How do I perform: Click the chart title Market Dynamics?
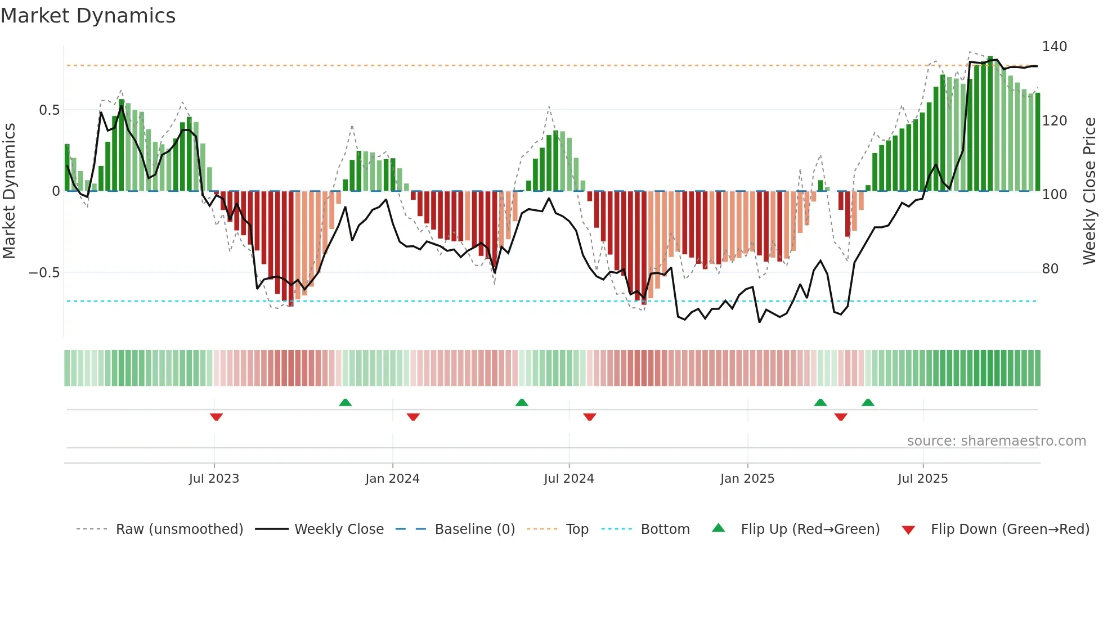(x=88, y=16)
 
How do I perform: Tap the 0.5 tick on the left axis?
(x=50, y=110)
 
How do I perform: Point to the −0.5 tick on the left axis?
(x=44, y=273)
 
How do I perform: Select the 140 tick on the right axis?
(x=1054, y=47)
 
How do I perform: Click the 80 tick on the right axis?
(x=1050, y=269)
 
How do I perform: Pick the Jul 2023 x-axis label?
(x=214, y=479)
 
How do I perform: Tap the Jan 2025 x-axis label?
(x=747, y=479)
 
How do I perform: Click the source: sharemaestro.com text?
(x=996, y=441)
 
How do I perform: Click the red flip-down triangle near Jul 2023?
(x=216, y=417)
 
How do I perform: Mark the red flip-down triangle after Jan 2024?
(x=413, y=417)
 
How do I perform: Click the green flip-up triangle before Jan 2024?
(x=345, y=402)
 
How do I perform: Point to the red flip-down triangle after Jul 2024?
(x=589, y=417)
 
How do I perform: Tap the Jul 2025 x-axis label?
(x=923, y=479)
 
